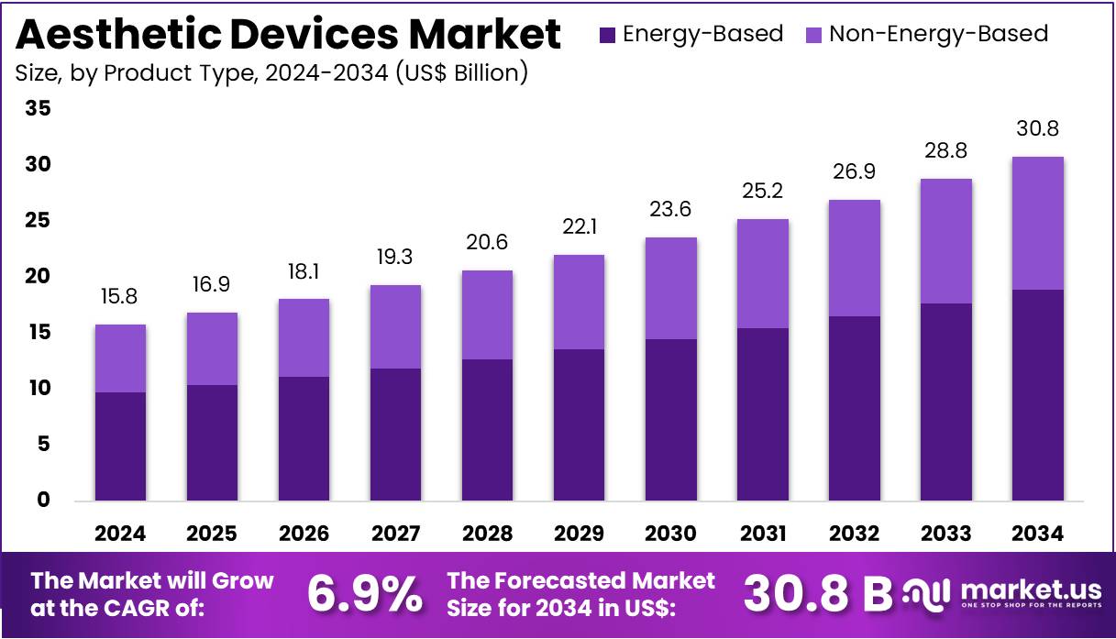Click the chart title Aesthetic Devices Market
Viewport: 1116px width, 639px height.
tap(288, 35)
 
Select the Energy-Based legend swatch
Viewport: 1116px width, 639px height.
tap(607, 35)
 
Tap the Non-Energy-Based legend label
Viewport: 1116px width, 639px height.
tap(938, 35)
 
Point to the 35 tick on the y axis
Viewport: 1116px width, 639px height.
tap(39, 109)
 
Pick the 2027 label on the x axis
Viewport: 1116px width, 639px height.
tap(396, 534)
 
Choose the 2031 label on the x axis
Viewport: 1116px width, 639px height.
tap(763, 534)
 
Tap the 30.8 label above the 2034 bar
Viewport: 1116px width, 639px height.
tap(1038, 129)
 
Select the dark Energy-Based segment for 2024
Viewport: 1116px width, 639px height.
tap(120, 446)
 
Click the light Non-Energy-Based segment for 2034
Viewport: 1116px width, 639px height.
tap(1038, 224)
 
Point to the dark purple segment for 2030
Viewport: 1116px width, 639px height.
tap(670, 420)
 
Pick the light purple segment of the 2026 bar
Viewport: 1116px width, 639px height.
tap(304, 338)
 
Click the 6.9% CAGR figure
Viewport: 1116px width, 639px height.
tap(365, 593)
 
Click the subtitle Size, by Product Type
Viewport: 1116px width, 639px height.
tap(271, 73)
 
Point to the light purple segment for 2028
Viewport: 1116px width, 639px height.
tap(487, 315)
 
